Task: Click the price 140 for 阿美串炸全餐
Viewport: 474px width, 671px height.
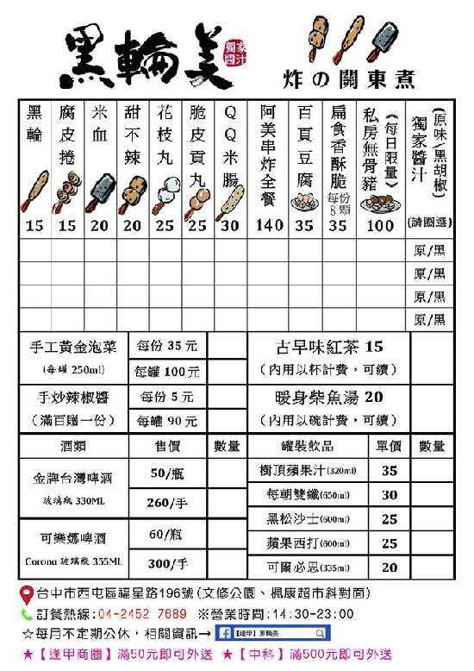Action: tap(270, 226)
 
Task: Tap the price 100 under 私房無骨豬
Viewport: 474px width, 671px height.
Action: tap(380, 226)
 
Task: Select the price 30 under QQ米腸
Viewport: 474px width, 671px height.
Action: tap(230, 226)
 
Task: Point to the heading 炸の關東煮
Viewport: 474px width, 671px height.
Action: tap(348, 80)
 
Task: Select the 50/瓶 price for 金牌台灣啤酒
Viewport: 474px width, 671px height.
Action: tap(168, 473)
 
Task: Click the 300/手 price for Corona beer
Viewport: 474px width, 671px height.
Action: tap(168, 564)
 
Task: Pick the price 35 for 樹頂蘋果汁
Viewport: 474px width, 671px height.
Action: tap(390, 471)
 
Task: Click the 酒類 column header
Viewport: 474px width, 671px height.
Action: tap(73, 446)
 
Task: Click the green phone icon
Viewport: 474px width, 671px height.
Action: tap(28, 614)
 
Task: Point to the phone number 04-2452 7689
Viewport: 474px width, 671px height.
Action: tap(137, 614)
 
